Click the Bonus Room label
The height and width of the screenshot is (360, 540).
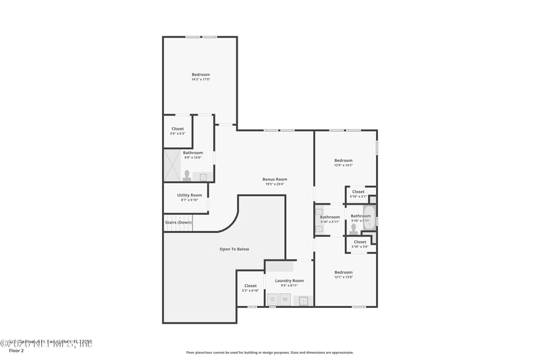(x=275, y=180)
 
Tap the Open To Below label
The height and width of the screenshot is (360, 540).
(x=234, y=249)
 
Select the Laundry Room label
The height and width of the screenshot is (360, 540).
(x=289, y=280)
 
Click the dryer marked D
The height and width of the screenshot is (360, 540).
(x=273, y=299)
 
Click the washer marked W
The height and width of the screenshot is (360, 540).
(x=285, y=299)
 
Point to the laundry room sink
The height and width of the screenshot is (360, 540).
(x=304, y=300)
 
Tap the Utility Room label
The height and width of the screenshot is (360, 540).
(x=190, y=195)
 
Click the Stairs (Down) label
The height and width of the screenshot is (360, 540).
(x=178, y=222)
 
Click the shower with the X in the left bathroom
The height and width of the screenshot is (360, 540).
(x=171, y=165)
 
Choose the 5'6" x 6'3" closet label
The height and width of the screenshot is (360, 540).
(x=178, y=129)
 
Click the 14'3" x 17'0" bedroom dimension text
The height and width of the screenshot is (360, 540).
(x=200, y=80)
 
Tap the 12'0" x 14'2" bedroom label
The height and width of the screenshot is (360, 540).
(x=344, y=161)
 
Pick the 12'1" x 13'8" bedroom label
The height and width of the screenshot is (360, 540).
(x=344, y=273)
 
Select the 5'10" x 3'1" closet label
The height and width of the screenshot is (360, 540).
(x=358, y=192)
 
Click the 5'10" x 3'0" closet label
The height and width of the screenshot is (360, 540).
(x=360, y=242)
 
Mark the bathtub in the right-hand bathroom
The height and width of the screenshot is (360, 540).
(x=370, y=215)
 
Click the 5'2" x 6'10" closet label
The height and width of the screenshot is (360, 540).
(x=250, y=286)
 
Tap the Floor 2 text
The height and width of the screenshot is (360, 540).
(x=16, y=351)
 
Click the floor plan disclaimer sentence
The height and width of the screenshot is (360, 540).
(x=269, y=352)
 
